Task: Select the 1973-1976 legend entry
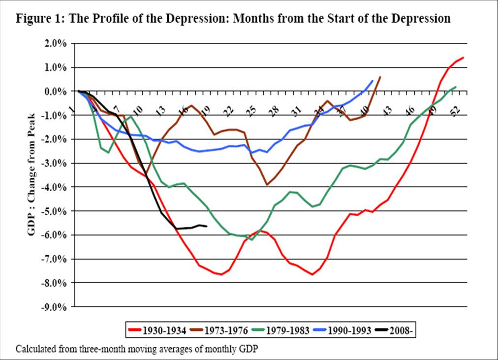(x=218, y=330)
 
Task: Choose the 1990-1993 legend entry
(x=342, y=330)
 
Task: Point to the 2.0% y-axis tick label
(x=56, y=43)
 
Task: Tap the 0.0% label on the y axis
(x=56, y=91)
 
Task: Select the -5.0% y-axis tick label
(x=55, y=211)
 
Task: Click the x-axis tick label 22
(x=228, y=111)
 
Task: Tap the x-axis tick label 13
(x=160, y=111)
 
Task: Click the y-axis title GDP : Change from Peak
(x=33, y=175)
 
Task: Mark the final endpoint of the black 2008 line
(x=206, y=226)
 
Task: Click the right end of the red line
(x=463, y=58)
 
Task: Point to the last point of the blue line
(x=373, y=81)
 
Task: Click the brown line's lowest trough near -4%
(x=267, y=185)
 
